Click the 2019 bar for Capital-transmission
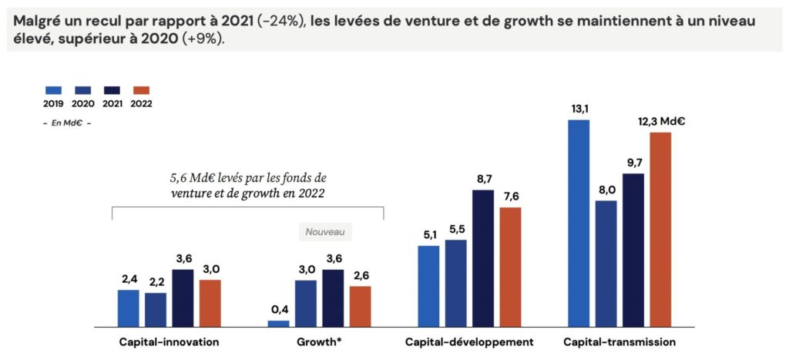point(578,223)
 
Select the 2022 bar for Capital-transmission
point(660,229)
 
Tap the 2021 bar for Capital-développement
point(483,257)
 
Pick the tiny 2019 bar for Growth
point(278,323)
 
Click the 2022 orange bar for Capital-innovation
point(210,303)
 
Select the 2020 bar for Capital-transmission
point(606,263)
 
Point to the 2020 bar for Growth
point(306,303)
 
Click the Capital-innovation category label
point(169,341)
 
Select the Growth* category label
point(319,341)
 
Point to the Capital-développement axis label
point(469,341)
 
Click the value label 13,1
point(579,109)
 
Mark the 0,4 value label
point(278,309)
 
